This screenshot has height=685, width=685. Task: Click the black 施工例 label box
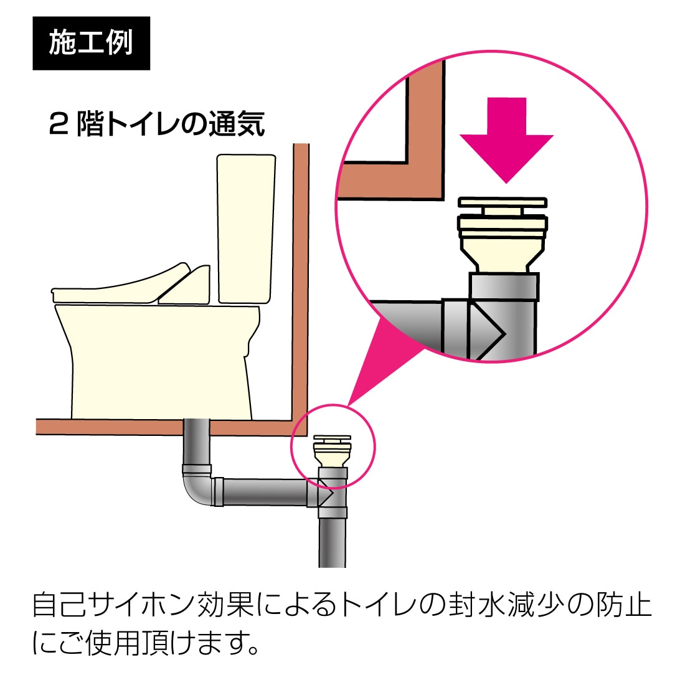point(91,43)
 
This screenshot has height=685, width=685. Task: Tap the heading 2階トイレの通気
point(157,124)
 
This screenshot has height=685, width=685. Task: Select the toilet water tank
point(246,228)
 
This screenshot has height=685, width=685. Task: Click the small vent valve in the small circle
point(332,450)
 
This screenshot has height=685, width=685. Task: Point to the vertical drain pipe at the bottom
point(332,542)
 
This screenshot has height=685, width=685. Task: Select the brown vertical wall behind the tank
point(301,280)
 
